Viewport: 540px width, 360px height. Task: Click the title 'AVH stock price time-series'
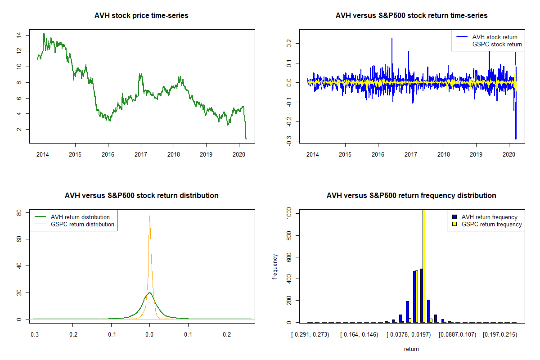click(141, 16)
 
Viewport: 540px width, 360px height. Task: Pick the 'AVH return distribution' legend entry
click(80, 217)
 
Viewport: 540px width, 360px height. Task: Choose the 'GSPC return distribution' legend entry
click(82, 224)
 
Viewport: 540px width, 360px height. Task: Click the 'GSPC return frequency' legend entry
click(492, 224)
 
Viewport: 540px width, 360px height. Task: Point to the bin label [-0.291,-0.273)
click(310, 335)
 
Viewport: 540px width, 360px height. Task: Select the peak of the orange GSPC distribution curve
click(150, 216)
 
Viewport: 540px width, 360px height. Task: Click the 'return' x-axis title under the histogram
click(411, 349)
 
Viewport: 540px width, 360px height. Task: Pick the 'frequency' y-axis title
click(275, 266)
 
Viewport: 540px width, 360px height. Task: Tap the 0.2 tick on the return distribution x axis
click(227, 335)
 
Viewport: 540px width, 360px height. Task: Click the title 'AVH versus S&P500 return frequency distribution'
click(411, 196)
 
